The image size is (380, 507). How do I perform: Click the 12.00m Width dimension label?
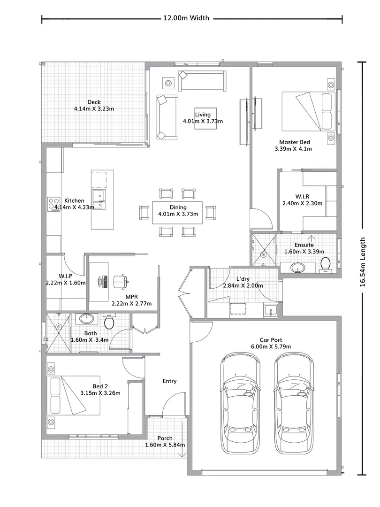tap(186, 18)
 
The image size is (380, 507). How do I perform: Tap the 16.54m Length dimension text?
tap(363, 262)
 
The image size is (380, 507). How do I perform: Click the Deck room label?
tap(94, 102)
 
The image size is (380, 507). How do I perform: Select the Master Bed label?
tap(294, 142)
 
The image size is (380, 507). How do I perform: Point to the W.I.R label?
tap(302, 197)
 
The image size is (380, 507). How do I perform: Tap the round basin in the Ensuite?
tap(297, 268)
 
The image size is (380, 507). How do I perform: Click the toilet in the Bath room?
tap(109, 321)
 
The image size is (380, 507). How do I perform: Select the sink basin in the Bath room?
tap(87, 318)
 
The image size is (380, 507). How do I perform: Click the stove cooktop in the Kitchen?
tap(54, 204)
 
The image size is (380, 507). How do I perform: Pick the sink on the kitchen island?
tap(99, 200)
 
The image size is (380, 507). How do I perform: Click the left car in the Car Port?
tap(240, 403)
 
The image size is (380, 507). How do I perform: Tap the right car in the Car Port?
tap(294, 403)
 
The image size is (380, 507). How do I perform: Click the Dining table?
tap(177, 213)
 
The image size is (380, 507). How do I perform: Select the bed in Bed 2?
tap(74, 395)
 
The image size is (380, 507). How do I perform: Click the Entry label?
tap(169, 381)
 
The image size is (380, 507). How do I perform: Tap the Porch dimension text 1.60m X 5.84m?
tap(165, 445)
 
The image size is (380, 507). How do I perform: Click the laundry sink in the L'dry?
tap(270, 310)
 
